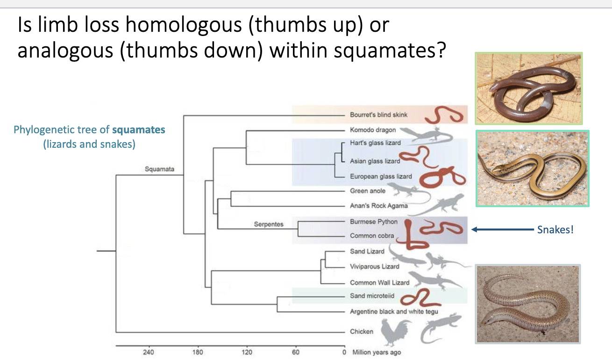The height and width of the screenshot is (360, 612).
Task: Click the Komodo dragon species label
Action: pyautogui.click(x=373, y=130)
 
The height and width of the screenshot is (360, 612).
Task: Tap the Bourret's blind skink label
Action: pyautogui.click(x=379, y=115)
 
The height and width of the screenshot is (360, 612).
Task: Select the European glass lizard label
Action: pyautogui.click(x=381, y=176)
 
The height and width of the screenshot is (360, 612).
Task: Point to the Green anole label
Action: pyautogui.click(x=368, y=191)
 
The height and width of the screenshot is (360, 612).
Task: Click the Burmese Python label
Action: pyautogui.click(x=374, y=222)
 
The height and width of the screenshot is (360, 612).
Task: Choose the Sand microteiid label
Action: pyautogui.click(x=372, y=296)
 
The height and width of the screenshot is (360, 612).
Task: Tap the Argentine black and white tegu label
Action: pyautogui.click(x=394, y=311)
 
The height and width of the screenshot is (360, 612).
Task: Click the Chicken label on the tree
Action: pyautogui.click(x=362, y=331)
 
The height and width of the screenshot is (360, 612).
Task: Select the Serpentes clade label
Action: pyautogui.click(x=269, y=224)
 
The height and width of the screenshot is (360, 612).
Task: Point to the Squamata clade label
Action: pyautogui.click(x=159, y=169)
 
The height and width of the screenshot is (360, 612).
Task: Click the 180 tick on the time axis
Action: pyautogui.click(x=198, y=352)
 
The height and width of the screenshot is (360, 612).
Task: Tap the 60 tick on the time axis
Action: pyautogui.click(x=296, y=352)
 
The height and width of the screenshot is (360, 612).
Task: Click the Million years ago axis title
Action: pyautogui.click(x=377, y=353)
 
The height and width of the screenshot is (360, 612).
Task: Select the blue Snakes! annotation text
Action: pyautogui.click(x=555, y=230)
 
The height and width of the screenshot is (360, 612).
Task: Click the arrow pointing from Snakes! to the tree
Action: pyautogui.click(x=503, y=230)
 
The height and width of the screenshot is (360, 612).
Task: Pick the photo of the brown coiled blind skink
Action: pyautogui.click(x=529, y=88)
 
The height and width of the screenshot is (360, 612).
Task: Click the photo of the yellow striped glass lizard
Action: pyautogui.click(x=533, y=168)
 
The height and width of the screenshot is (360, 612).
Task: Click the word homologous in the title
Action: pyautogui.click(x=184, y=25)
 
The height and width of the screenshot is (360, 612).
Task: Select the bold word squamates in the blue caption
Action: pyautogui.click(x=139, y=130)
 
